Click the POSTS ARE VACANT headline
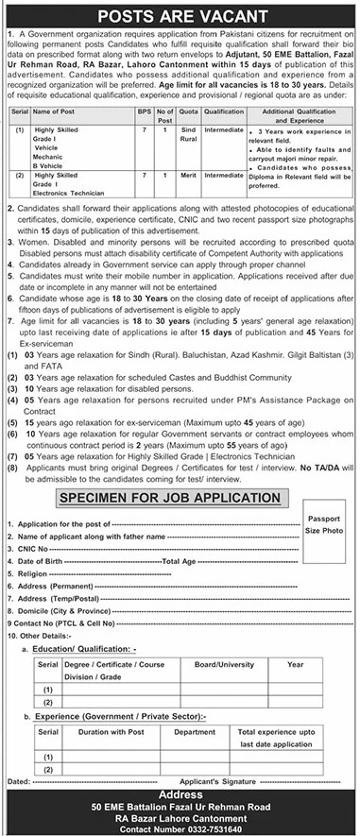pyautogui.click(x=180, y=16)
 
